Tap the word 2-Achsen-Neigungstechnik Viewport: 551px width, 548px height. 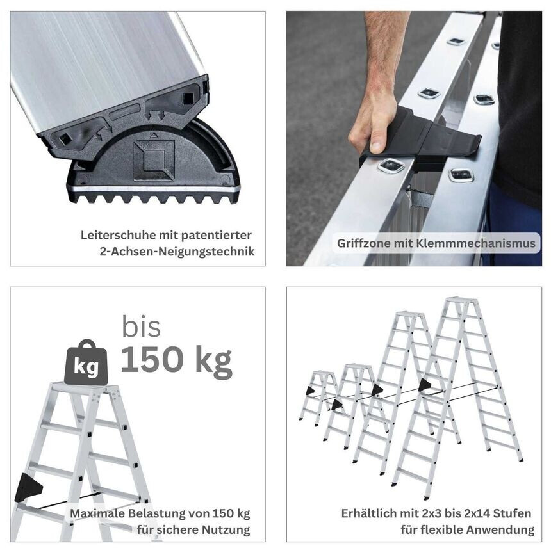(177, 252)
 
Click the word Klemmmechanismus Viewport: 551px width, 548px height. (476, 243)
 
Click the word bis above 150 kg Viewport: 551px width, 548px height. (141, 327)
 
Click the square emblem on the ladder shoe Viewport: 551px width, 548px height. (154, 160)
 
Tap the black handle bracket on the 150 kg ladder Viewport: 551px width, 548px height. (28, 487)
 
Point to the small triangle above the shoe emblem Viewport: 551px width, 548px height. (153, 134)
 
